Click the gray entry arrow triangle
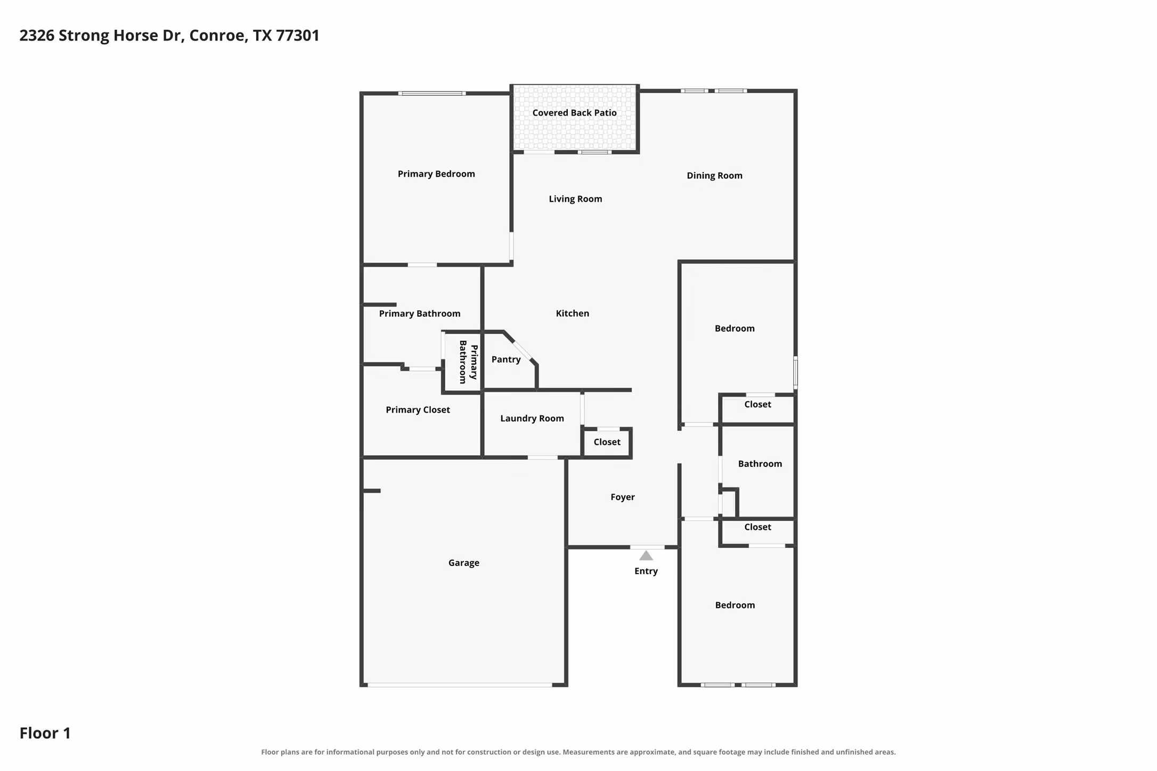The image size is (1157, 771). [646, 556]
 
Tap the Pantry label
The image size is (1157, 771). [506, 359]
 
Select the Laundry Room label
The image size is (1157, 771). [532, 419]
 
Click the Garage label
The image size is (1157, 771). [464, 563]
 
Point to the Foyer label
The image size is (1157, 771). [623, 497]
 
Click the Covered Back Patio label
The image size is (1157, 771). [575, 113]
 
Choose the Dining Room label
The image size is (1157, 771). [715, 176]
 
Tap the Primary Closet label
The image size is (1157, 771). [418, 410]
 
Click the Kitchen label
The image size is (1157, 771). [573, 314]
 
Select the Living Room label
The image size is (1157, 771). [576, 199]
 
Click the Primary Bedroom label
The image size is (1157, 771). [436, 174]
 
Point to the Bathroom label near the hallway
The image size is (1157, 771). [760, 464]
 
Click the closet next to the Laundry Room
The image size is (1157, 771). [607, 442]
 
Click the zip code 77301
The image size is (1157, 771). [298, 36]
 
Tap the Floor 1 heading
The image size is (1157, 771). [45, 733]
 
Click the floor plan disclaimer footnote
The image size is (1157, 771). [578, 752]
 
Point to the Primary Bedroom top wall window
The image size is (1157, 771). [432, 94]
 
